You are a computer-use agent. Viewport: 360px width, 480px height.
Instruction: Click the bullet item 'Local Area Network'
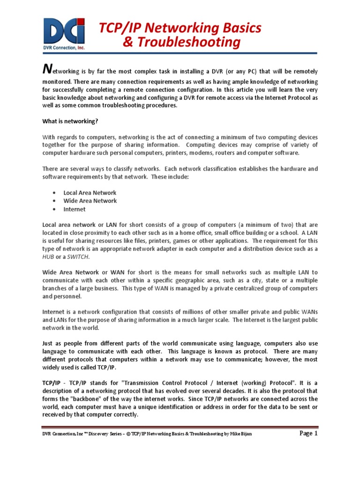[x=90, y=193]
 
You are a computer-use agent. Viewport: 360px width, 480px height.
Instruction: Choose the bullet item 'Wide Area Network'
[x=90, y=201]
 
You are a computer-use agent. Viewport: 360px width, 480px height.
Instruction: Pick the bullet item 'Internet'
[x=75, y=210]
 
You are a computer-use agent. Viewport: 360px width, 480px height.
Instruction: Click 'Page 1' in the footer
[x=308, y=434]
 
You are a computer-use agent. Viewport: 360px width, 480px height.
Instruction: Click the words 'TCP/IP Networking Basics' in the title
[x=180, y=28]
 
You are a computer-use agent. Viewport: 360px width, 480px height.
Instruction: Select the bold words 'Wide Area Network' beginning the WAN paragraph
[x=70, y=272]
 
